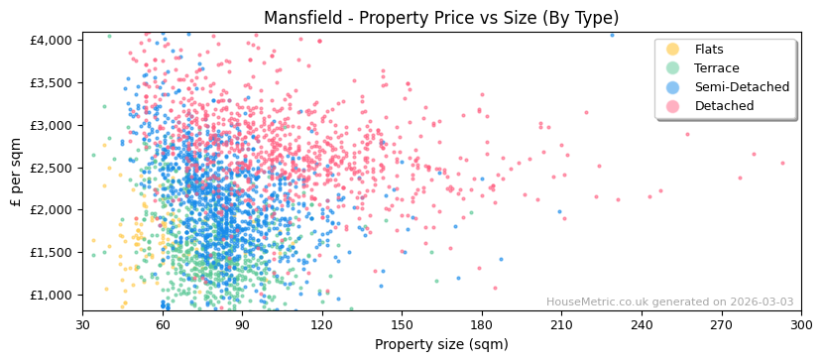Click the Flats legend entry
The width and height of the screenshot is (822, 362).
tap(709, 50)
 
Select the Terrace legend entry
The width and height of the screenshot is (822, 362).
tap(717, 68)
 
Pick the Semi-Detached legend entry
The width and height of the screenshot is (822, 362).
tap(742, 87)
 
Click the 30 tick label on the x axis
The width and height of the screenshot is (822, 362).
tap(82, 324)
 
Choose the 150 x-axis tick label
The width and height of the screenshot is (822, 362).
tap(402, 324)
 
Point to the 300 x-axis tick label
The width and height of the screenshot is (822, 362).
tap(801, 324)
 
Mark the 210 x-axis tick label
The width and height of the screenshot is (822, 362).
tap(561, 324)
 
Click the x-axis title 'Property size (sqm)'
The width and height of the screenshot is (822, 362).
tap(441, 345)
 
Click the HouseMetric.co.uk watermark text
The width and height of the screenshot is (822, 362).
tap(669, 302)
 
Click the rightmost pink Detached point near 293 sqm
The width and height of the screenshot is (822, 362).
tap(782, 163)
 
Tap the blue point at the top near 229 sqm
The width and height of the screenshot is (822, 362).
tap(612, 35)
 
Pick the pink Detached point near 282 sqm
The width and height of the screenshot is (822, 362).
tap(754, 154)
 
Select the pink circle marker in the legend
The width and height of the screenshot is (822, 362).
tap(673, 106)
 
